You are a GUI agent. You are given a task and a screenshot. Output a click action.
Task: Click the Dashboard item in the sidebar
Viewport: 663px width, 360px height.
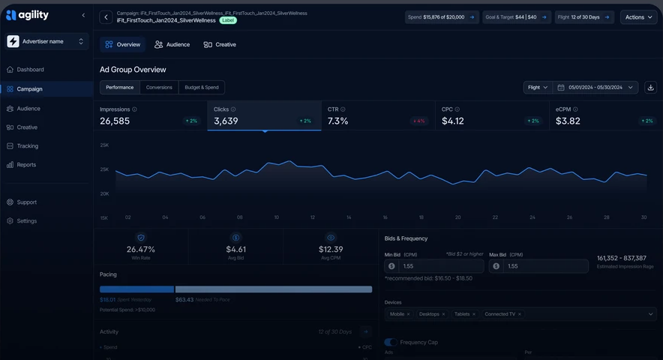click(x=30, y=70)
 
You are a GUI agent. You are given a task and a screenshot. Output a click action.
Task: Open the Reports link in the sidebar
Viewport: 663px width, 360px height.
click(x=26, y=165)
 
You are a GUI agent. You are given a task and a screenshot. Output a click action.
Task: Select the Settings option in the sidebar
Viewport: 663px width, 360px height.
click(x=26, y=221)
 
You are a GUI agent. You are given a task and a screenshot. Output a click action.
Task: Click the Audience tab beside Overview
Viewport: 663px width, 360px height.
click(x=172, y=45)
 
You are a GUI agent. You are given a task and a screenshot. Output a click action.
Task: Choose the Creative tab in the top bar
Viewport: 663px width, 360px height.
click(x=220, y=45)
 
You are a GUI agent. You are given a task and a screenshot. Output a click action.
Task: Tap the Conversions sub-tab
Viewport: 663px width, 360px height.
click(x=159, y=88)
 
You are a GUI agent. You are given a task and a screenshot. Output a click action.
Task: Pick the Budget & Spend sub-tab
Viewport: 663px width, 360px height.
click(x=202, y=88)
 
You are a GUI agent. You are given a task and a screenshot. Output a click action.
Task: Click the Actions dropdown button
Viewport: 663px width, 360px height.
click(x=638, y=17)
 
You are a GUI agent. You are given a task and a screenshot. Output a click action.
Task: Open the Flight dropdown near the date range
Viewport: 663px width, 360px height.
click(x=538, y=88)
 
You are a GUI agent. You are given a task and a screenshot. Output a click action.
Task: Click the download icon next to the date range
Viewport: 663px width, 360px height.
click(x=650, y=88)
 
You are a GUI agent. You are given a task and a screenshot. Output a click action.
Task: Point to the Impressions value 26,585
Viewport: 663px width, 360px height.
click(x=115, y=121)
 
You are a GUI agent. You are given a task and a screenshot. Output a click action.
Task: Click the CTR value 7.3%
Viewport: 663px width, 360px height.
click(x=338, y=121)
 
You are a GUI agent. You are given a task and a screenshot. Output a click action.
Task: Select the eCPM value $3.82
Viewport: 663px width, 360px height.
click(x=568, y=121)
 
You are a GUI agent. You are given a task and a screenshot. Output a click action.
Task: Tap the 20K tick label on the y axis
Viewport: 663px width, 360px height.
click(x=104, y=193)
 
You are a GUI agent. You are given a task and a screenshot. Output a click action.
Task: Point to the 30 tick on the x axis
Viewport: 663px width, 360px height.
click(x=643, y=217)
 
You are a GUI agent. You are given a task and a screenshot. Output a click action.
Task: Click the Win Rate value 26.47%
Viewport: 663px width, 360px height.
click(x=141, y=249)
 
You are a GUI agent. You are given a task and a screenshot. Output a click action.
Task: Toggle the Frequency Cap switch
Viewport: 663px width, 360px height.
click(x=391, y=343)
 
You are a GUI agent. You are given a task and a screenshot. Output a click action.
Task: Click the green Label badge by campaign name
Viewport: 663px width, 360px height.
click(x=228, y=20)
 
